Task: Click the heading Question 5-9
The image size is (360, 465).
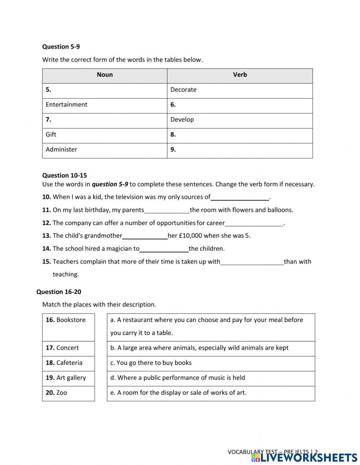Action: click(61, 46)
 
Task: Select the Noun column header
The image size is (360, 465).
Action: click(105, 75)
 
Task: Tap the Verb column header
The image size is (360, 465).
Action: click(240, 75)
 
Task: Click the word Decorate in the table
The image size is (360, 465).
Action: click(183, 90)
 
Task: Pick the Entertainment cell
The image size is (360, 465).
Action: click(67, 105)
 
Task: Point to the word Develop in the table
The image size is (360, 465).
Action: click(182, 120)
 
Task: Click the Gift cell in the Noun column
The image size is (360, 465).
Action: click(51, 135)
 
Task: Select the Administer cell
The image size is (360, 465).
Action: click(62, 149)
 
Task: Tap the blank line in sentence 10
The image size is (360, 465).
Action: click(240, 197)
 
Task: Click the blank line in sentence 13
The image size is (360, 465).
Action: click(145, 236)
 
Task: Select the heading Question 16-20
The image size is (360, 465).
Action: click(59, 292)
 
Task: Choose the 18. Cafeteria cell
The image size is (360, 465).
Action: click(68, 363)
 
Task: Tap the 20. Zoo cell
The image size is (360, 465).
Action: click(68, 393)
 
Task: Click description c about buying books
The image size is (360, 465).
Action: click(151, 363)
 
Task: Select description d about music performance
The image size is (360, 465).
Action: click(177, 378)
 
